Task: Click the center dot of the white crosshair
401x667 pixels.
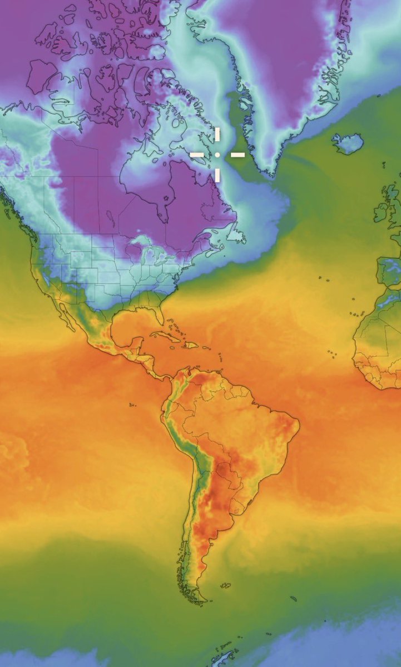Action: tap(217, 154)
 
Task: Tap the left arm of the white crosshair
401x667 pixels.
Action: tap(197, 154)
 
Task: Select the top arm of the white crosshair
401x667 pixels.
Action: tap(217, 135)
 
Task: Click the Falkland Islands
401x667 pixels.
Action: tap(225, 585)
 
